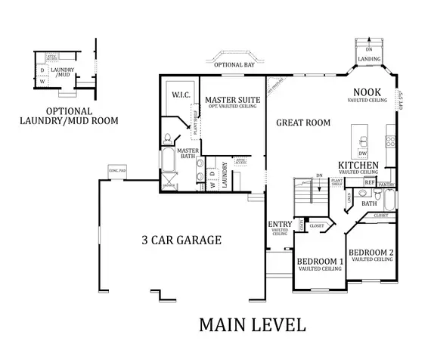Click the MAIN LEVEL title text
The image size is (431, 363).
coord(253,325)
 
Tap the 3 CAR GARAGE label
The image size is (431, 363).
coord(181,240)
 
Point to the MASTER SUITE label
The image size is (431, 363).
coord(233,100)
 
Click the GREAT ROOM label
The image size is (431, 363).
coord(302,123)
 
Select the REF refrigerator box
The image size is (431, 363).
coord(369,182)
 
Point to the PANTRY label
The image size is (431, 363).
coord(386,184)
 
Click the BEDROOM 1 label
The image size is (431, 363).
coord(320,262)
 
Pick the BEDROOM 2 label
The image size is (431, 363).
coord(372,252)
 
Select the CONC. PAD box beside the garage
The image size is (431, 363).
coord(118,170)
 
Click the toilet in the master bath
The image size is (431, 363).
coord(167,138)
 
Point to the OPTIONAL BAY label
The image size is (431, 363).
coord(234,65)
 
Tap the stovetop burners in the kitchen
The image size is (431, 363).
coord(391,141)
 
